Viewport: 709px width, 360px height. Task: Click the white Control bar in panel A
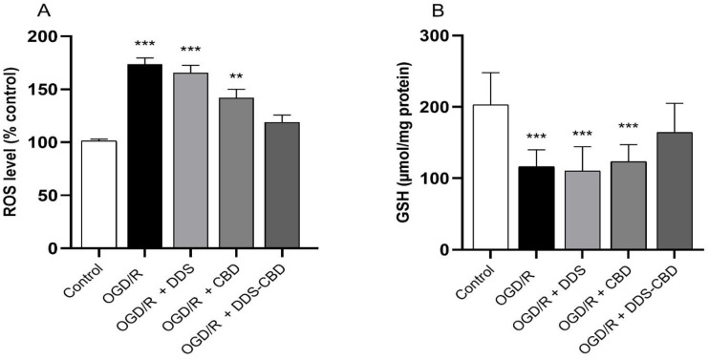click(98, 195)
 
